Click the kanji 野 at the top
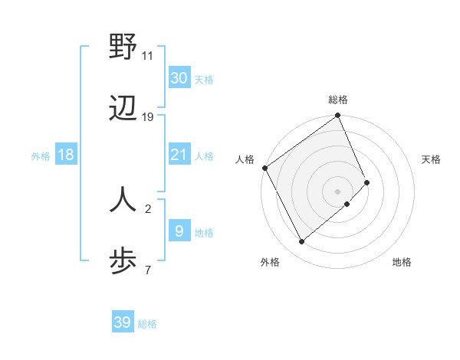tap(123, 47)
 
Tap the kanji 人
tap(123, 198)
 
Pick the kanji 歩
tap(123, 260)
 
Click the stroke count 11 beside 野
tap(148, 55)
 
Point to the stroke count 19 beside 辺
tap(148, 116)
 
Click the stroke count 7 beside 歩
tap(148, 269)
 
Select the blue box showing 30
tap(179, 78)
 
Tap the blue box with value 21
tap(179, 155)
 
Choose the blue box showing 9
tap(179, 231)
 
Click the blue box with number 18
tap(66, 155)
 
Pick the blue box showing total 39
tap(123, 322)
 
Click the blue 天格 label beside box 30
tap(204, 80)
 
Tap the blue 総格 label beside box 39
tap(147, 324)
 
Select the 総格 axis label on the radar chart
tap(338, 100)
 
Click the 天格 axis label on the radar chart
tap(431, 159)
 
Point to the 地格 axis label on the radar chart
tap(402, 262)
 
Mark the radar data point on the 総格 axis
tap(338, 116)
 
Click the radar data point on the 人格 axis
tap(264, 168)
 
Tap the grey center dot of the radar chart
tap(338, 191)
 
